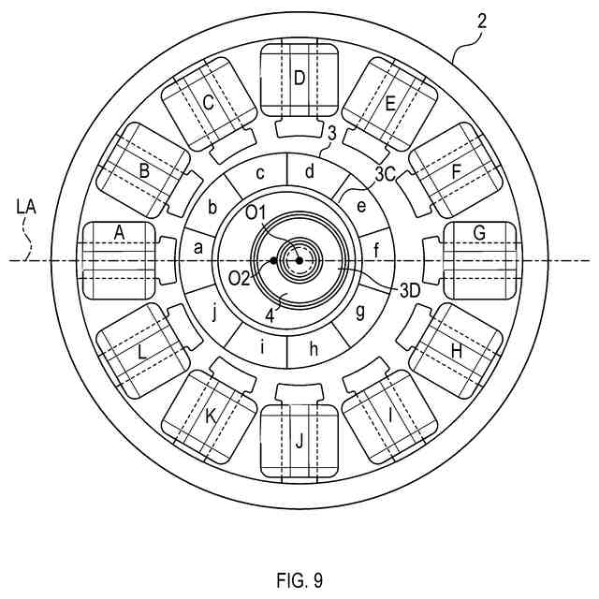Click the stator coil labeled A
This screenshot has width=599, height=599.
119,259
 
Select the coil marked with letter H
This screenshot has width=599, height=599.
456,350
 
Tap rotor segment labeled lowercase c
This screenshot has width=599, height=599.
262,173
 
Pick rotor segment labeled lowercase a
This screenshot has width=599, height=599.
197,249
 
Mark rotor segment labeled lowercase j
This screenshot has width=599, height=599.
214,314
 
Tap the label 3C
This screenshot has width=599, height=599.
385,174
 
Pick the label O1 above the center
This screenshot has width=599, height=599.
258,213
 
